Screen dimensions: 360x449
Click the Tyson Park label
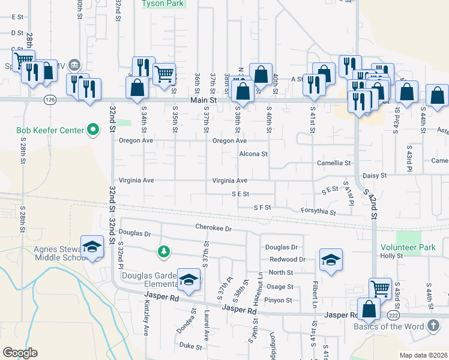[x=163, y=4]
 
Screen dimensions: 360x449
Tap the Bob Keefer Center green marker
[x=93, y=129]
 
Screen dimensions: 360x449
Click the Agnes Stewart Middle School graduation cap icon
[x=92, y=247]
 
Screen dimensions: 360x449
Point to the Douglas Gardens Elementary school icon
[x=188, y=279]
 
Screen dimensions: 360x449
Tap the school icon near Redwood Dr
[x=330, y=259]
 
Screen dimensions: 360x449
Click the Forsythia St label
[x=319, y=212]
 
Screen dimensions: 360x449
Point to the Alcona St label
[x=253, y=154]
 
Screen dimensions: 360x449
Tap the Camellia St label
[x=334, y=163]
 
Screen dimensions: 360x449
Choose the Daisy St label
[x=375, y=176]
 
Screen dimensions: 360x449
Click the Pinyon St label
[x=279, y=300]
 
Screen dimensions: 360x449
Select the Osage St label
[x=280, y=287]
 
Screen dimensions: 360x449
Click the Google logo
[x=20, y=353]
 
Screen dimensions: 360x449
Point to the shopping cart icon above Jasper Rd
[x=379, y=288]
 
